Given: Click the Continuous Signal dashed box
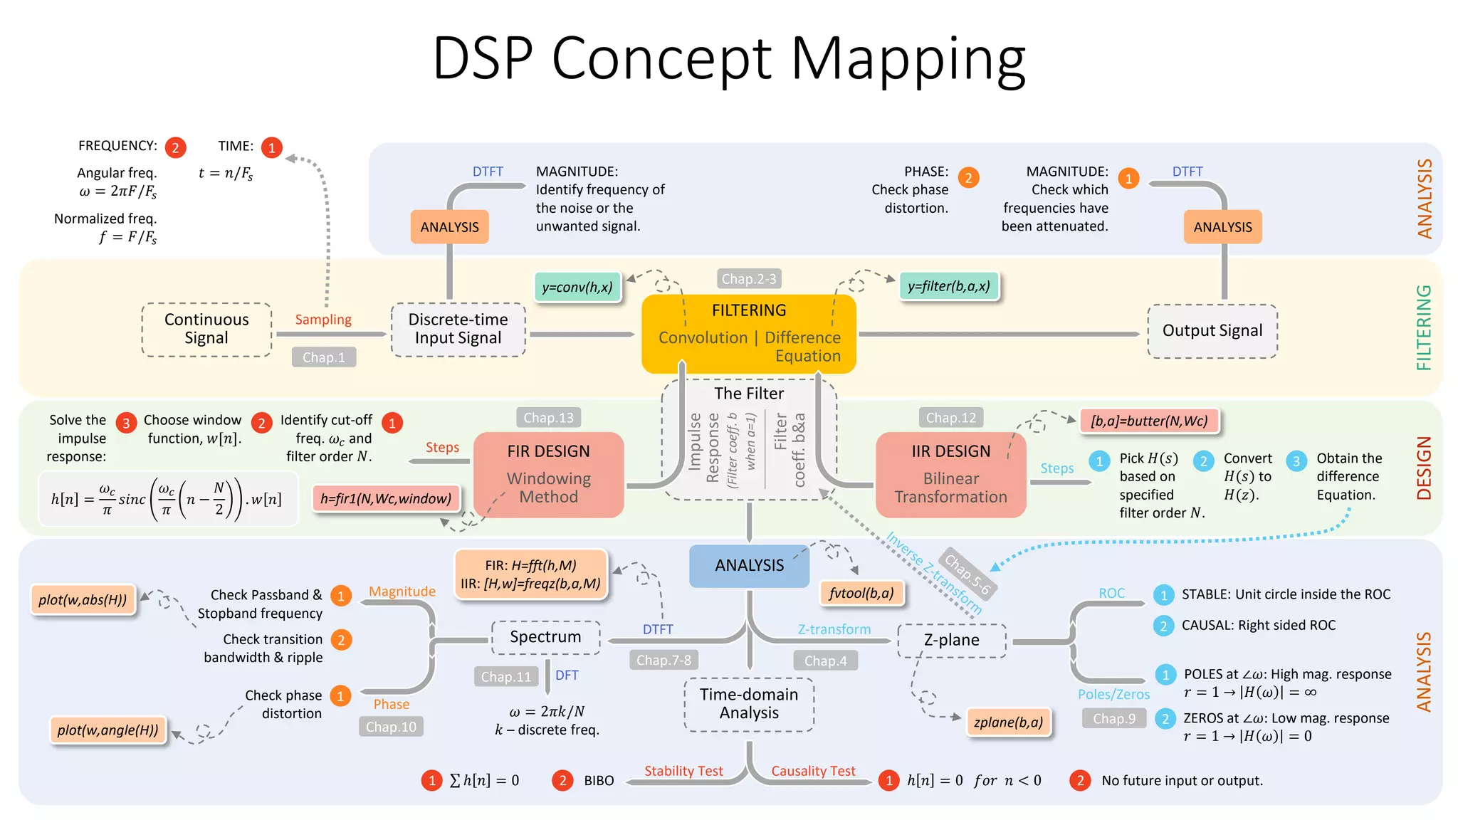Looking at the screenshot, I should pos(206,329).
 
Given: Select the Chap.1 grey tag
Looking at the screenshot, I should pos(323,357).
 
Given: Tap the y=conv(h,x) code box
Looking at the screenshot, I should pos(577,288).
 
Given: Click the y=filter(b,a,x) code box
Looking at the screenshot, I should pos(949,286).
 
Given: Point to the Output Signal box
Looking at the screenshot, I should pos(1212,331).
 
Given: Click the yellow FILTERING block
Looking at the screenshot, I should pos(748,333).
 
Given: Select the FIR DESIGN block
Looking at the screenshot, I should pos(548,474).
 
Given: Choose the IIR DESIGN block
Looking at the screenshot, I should pos(950,474).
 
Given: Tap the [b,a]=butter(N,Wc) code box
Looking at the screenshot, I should pos(1148,421).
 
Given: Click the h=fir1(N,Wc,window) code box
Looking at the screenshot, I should pos(385,498).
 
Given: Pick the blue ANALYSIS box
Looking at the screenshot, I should pos(749,565).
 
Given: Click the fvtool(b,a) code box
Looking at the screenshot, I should pos(861,593).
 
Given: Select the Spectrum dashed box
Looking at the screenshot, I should pos(545,637).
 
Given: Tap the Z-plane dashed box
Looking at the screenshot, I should pos(951,640).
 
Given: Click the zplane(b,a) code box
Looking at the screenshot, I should pos(1008,722).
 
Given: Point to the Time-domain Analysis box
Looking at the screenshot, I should pos(749,704).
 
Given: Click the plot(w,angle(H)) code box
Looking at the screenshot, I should pos(107,730).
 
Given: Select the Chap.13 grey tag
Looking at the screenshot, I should pos(548,418).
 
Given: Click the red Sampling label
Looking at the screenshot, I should pos(323,320).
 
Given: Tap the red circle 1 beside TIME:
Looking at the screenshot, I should pos(271,147).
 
